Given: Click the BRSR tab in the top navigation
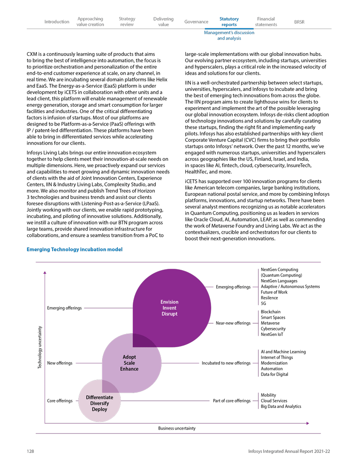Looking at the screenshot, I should tap(299, 22).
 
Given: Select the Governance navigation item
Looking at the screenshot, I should tap(196, 22).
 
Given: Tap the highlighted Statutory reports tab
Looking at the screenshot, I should tap(229, 22).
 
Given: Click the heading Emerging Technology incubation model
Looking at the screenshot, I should tap(74, 249).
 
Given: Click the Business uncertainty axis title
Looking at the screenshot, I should tap(177, 428).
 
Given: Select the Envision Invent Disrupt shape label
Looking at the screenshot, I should tap(169, 308).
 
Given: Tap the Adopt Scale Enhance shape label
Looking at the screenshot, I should tap(129, 363).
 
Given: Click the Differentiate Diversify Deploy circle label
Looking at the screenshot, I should tap(99, 403).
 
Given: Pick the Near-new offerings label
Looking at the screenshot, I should tap(233, 323).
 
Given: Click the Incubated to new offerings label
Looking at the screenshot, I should tap(226, 363).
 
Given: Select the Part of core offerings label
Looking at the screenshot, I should tap(231, 401).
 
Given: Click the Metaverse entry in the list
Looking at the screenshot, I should tap(270, 323).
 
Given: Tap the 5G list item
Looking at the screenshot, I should tap(264, 303).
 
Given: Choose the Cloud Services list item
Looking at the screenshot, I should tap(274, 401).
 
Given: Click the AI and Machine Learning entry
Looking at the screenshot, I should tap(283, 352).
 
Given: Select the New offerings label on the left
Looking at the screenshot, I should tap(59, 363).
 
